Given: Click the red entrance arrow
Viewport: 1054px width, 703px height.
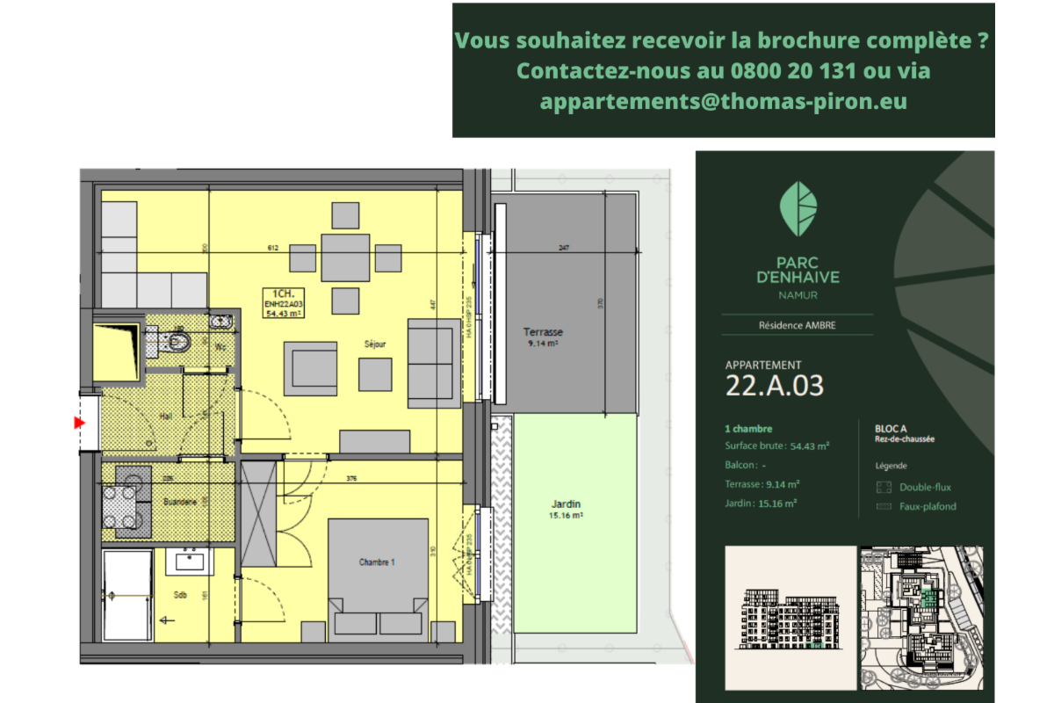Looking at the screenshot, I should tap(80, 423).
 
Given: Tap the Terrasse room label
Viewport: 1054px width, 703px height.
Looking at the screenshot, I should tap(543, 332).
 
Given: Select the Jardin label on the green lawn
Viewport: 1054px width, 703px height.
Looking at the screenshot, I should tap(566, 504).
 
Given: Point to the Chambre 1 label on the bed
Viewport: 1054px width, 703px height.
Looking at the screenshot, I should tap(377, 562).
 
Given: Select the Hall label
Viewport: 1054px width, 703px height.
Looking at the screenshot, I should tap(165, 416).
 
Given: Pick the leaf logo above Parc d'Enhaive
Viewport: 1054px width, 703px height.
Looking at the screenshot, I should tap(798, 209).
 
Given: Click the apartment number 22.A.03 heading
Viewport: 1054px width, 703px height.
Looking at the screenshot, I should tap(775, 386).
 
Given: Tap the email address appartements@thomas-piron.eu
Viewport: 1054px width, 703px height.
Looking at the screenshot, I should tap(723, 101).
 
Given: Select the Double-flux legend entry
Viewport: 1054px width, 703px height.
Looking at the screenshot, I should tap(925, 487).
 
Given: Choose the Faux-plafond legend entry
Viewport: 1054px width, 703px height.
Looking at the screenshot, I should tap(928, 506).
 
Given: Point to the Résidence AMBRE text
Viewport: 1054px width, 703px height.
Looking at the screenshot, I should tap(798, 325).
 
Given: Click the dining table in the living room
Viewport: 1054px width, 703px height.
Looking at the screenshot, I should tap(345, 257).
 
